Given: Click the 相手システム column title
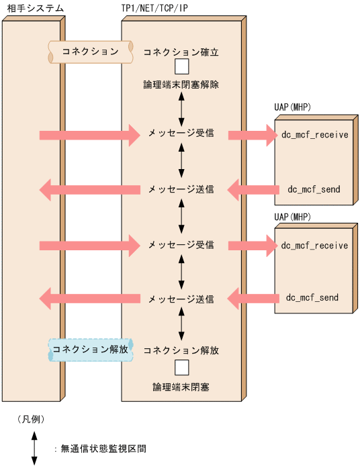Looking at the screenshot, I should pos(33,8).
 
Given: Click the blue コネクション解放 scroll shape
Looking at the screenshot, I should pos(90,350).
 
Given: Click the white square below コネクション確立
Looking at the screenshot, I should pos(181,67).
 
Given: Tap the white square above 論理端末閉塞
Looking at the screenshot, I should pos(181,368).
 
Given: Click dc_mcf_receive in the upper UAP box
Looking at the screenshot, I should pos(314,135).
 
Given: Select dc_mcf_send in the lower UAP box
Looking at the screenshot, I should pos(312,297).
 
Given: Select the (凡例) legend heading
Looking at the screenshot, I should pos(31,419).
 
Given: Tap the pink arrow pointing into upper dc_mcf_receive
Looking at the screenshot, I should pos(253,136).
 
